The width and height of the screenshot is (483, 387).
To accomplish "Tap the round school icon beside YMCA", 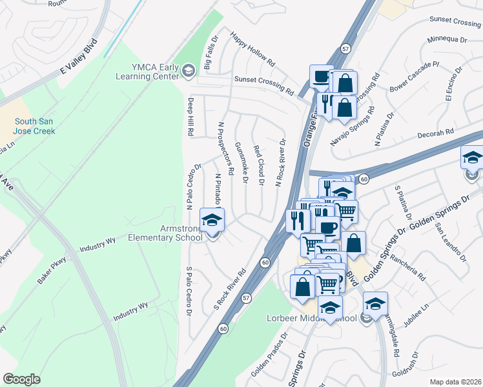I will (x=189, y=70).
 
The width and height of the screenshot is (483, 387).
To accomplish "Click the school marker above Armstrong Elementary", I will (x=211, y=221).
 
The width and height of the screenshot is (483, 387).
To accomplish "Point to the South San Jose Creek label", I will (x=35, y=126).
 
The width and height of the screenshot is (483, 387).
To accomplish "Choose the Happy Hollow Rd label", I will (x=252, y=50).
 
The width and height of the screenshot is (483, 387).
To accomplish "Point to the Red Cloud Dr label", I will (x=260, y=165).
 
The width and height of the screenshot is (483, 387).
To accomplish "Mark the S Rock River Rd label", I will (x=231, y=287).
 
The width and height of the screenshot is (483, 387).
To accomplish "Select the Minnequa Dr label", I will (x=447, y=40).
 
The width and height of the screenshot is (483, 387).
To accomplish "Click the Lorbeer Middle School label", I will (x=311, y=319).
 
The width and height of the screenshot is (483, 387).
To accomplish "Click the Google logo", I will (x=21, y=379).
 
